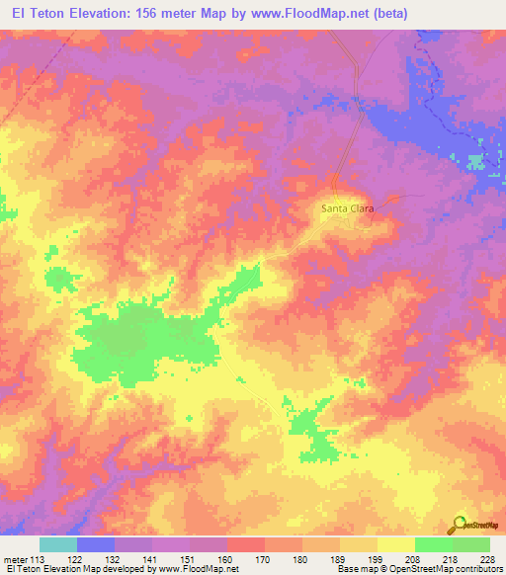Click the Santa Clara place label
[345, 208]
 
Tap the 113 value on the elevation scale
[41, 558]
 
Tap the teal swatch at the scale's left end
[58, 544]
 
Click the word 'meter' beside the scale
[17, 558]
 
